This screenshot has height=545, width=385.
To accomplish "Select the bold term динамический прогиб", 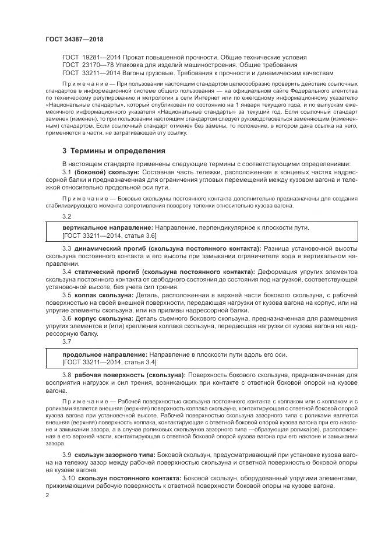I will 110,249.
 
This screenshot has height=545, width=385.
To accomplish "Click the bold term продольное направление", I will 97,354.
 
